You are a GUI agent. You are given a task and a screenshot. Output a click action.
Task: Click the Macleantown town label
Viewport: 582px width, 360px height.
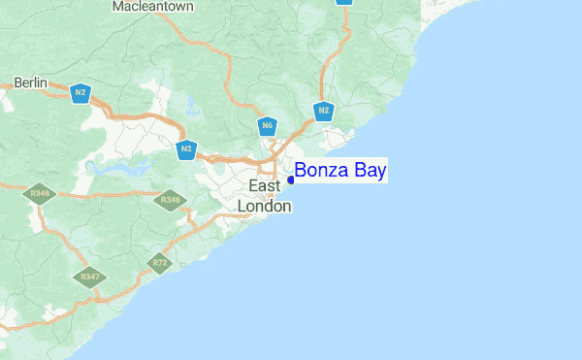(153, 7)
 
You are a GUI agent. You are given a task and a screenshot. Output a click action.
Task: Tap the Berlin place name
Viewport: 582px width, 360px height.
(31, 82)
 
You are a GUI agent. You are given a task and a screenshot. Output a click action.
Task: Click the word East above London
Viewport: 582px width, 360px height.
(265, 185)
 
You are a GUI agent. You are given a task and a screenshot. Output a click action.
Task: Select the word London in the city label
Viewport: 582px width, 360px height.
(265, 206)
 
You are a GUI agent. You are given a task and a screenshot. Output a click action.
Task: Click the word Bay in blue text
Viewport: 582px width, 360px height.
(372, 172)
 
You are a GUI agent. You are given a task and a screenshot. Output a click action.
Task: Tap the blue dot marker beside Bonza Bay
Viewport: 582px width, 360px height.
(291, 180)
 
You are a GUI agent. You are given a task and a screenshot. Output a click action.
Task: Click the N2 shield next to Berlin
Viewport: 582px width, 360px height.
(80, 93)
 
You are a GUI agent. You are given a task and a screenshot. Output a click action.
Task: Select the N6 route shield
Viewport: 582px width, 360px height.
(268, 125)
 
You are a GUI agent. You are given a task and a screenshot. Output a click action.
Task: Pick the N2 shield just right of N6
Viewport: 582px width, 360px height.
(324, 111)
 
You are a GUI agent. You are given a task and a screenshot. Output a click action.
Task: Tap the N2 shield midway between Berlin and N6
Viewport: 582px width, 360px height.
(186, 149)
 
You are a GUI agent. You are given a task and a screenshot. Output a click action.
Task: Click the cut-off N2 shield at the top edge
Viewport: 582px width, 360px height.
(343, 2)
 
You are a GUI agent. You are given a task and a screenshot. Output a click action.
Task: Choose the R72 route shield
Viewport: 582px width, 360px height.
(160, 262)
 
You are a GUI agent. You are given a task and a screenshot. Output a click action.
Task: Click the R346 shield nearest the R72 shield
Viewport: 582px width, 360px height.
(171, 200)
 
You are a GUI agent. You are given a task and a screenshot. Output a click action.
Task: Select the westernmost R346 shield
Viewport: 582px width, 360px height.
(40, 194)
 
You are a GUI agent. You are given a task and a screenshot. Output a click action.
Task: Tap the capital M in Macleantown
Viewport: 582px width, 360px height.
(118, 7)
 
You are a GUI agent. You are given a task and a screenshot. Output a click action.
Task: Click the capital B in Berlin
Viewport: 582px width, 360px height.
(18, 82)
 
